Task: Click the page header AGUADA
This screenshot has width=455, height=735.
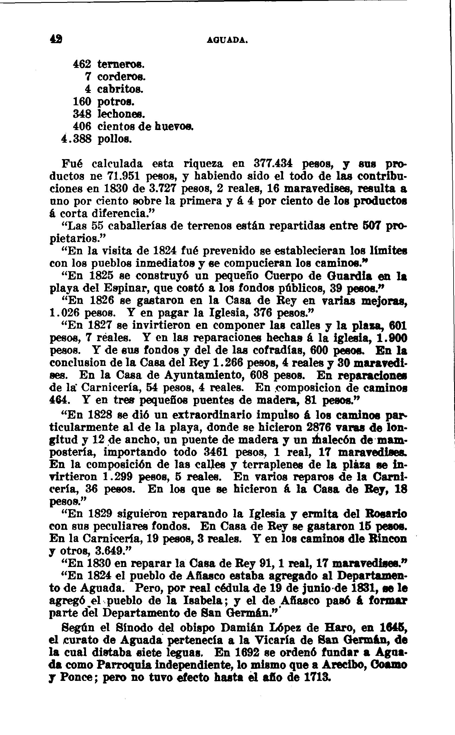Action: tap(227, 40)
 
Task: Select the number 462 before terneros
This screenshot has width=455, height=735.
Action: tap(82, 64)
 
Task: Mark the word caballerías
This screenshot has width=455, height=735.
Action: tap(136, 226)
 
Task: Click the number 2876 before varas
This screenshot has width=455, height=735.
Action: tap(317, 427)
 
